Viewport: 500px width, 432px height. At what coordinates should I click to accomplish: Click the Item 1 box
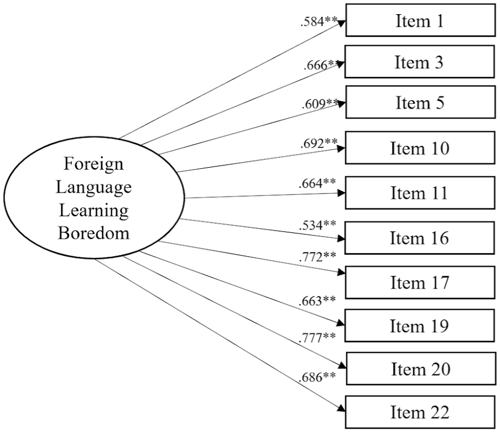click(420, 20)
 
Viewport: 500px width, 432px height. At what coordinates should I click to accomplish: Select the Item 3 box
click(419, 61)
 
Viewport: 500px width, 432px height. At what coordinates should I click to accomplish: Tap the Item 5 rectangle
click(420, 102)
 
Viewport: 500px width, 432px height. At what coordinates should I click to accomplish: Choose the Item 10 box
click(420, 148)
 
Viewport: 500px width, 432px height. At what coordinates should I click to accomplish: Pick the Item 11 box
click(420, 193)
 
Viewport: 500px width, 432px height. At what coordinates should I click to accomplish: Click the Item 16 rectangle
click(419, 238)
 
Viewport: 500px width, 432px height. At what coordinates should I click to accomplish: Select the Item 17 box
click(420, 282)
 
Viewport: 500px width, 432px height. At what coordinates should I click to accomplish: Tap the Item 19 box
click(419, 325)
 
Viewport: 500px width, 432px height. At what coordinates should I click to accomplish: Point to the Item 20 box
click(421, 368)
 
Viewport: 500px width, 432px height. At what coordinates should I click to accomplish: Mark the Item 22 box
click(420, 412)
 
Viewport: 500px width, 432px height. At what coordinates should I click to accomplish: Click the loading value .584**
click(319, 22)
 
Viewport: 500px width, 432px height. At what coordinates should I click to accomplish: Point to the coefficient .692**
click(319, 143)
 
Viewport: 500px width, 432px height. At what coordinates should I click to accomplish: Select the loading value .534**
click(318, 225)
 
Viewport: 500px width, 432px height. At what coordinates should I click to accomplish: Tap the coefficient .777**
click(317, 337)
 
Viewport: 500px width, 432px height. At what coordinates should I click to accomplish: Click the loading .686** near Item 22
click(317, 377)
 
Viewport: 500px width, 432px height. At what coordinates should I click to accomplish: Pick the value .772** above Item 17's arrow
click(318, 257)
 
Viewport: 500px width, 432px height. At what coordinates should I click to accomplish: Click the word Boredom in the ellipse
click(94, 233)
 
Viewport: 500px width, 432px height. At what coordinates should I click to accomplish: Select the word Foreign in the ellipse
click(94, 164)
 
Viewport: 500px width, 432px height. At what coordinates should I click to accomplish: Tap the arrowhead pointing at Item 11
click(342, 193)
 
